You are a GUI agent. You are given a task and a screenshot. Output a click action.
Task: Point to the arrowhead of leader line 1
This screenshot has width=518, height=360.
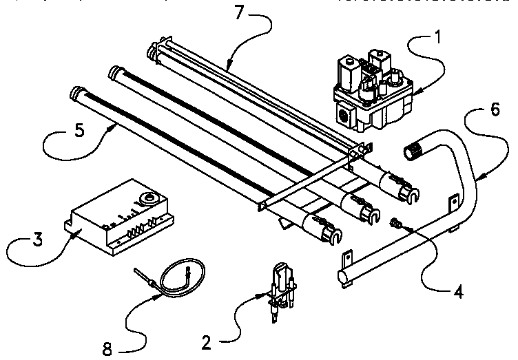click(x=413, y=89)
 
